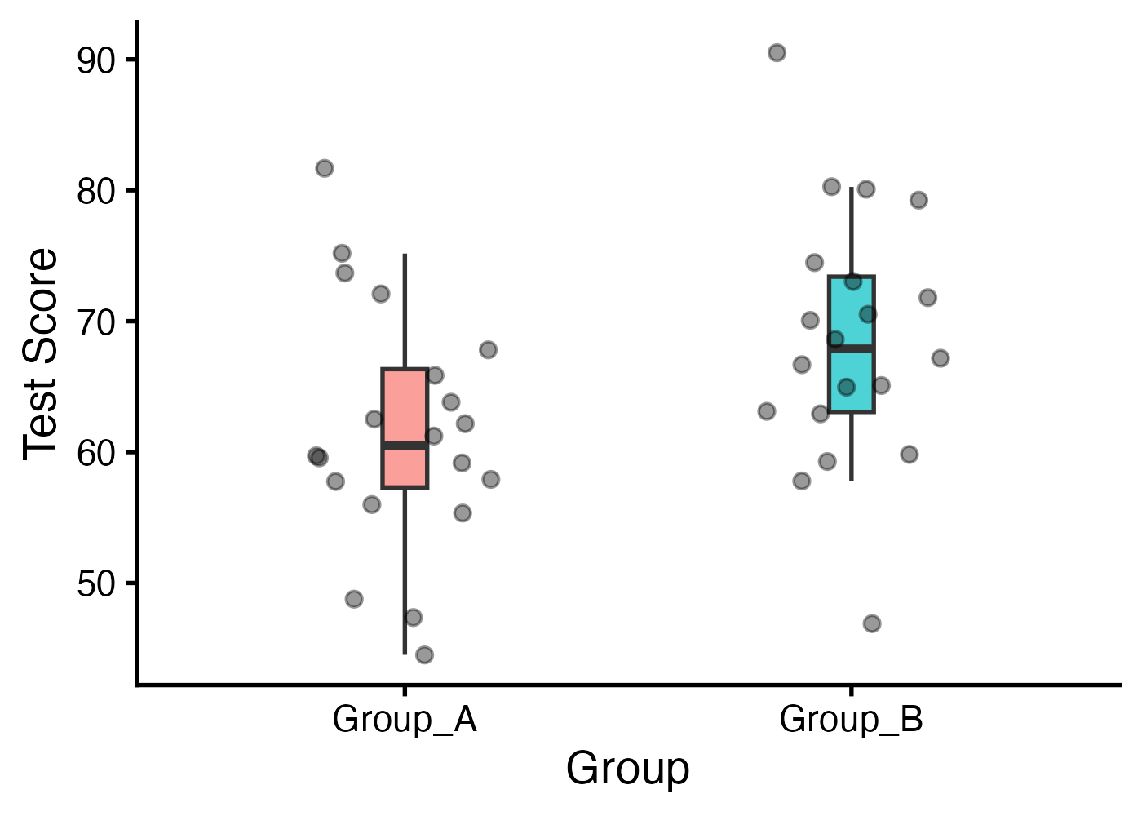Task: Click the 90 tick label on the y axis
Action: (96, 60)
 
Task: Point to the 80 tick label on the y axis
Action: (96, 192)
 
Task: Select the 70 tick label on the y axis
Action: (96, 322)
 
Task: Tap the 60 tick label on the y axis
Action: (96, 453)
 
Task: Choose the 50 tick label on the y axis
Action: (96, 584)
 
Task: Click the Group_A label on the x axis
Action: (405, 720)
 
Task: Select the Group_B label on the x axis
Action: (851, 720)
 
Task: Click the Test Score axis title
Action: (41, 353)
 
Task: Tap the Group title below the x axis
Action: (627, 769)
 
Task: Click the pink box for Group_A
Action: (405, 408)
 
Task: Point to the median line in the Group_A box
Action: (405, 446)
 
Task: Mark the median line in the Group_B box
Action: (851, 348)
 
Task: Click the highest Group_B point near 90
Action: (777, 53)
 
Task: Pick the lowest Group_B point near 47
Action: (872, 623)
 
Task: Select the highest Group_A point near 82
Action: (325, 168)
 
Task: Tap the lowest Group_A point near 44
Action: (424, 654)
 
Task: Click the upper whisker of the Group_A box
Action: (405, 310)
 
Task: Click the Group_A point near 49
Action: (354, 599)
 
